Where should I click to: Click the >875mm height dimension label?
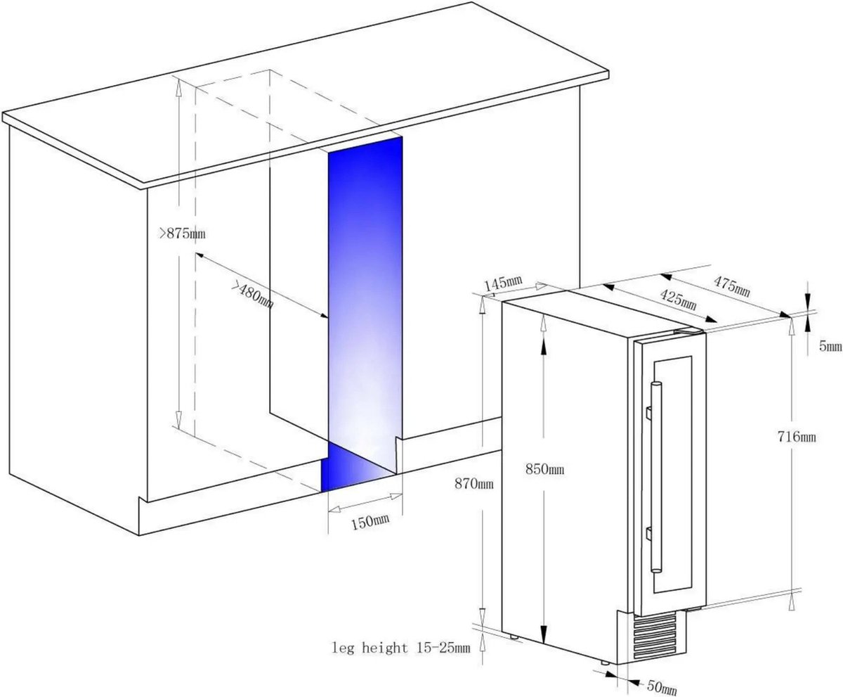pyautogui.click(x=182, y=234)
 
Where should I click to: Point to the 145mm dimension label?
pyautogui.click(x=504, y=283)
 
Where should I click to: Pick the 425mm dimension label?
pyautogui.click(x=679, y=298)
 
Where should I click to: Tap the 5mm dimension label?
pyautogui.click(x=830, y=347)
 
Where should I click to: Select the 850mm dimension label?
pyautogui.click(x=544, y=469)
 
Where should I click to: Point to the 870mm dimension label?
pyautogui.click(x=474, y=483)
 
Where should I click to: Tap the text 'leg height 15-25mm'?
pyautogui.click(x=401, y=648)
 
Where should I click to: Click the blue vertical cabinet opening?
pyautogui.click(x=365, y=291)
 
